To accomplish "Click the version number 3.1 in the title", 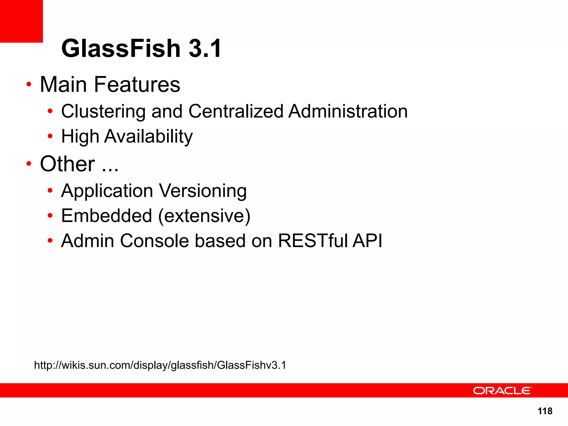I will click(x=205, y=49).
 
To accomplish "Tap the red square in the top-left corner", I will click(x=21, y=21).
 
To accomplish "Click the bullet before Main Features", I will click(x=29, y=84).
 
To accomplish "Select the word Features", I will click(x=137, y=84).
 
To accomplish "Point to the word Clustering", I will click(x=103, y=111).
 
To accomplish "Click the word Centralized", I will click(x=236, y=111).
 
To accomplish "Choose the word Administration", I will click(x=348, y=111).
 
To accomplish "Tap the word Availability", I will click(x=148, y=136).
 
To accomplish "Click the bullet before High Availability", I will click(x=50, y=136).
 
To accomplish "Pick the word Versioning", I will click(x=203, y=191).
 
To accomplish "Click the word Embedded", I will click(x=107, y=216).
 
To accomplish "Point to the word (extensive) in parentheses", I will click(x=204, y=216).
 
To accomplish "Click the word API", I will click(x=367, y=241).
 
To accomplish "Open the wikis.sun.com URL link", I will click(x=160, y=365).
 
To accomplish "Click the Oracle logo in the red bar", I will click(x=502, y=390).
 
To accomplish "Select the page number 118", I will click(x=545, y=411).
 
